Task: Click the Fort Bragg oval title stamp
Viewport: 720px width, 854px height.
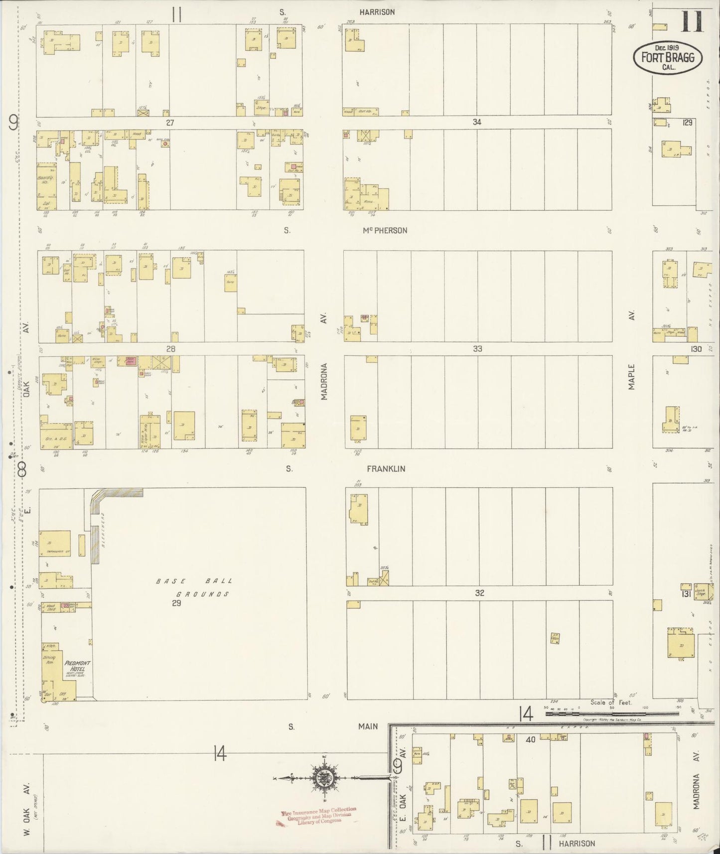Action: click(x=667, y=57)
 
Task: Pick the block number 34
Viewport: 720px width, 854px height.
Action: click(x=477, y=122)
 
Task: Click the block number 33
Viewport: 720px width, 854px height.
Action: click(x=477, y=349)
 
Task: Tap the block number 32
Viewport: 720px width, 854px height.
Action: click(x=479, y=593)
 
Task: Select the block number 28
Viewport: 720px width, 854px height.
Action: click(x=170, y=349)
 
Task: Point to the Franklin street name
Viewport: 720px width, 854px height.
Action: click(x=386, y=469)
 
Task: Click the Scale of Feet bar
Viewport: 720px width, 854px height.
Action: click(x=610, y=713)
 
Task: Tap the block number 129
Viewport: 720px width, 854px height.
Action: click(x=688, y=122)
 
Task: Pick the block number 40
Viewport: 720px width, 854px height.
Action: click(x=530, y=739)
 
